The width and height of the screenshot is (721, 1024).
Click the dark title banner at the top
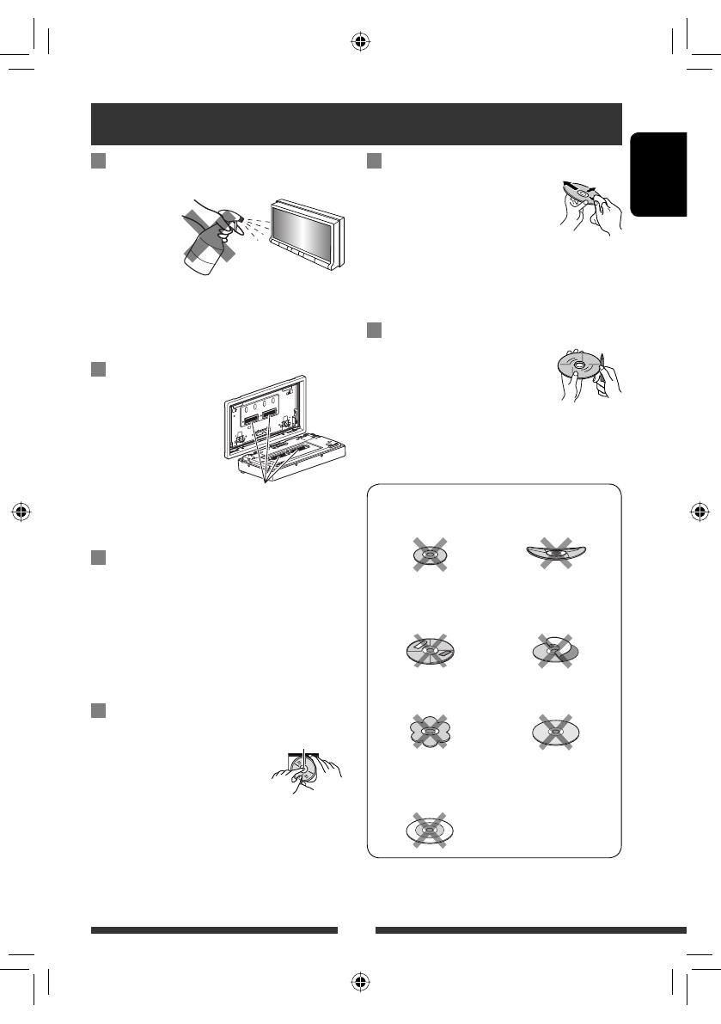coord(356,125)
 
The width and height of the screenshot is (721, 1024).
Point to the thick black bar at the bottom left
coord(214,929)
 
